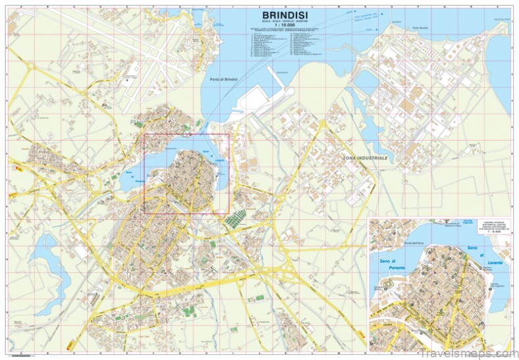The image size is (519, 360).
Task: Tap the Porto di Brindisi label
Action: (x=223, y=80)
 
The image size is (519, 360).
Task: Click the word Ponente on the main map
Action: (x=130, y=175)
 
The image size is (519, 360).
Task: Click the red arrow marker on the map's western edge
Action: (x=20, y=170)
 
